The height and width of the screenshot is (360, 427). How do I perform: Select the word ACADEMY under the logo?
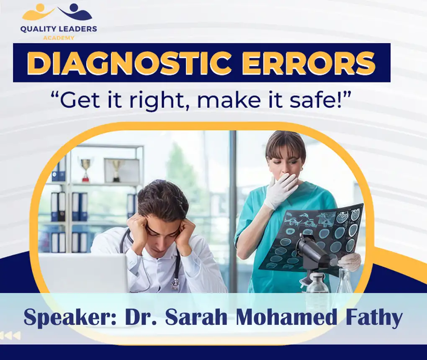[x=59, y=38]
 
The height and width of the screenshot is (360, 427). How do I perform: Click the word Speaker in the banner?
[x=69, y=317]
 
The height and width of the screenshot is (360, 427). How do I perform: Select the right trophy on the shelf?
[x=116, y=169]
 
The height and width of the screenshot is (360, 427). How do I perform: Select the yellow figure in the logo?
[x=38, y=13]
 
